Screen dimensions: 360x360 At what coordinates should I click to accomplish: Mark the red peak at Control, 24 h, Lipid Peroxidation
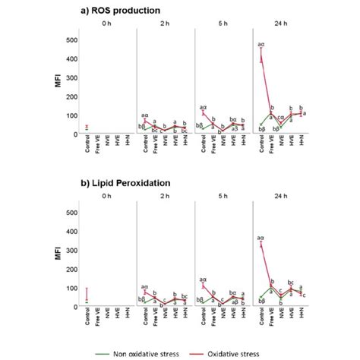pos(262,245)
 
